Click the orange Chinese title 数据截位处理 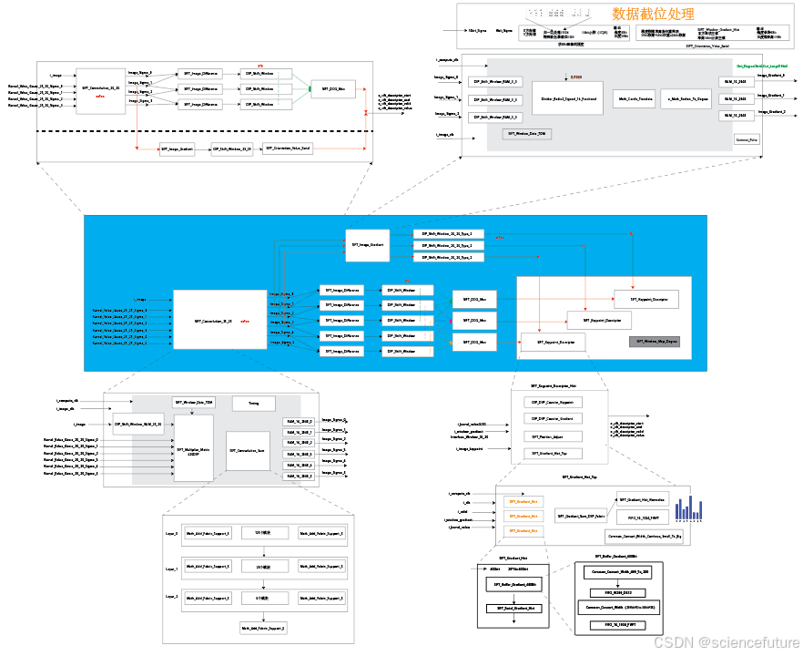653,14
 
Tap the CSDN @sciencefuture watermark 726,641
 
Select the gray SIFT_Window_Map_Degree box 654,342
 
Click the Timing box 253,403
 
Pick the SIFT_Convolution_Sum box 248,450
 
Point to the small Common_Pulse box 747,139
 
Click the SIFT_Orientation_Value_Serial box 289,149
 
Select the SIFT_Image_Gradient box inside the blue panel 368,245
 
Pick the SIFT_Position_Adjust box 554,436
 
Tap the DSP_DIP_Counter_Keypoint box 554,402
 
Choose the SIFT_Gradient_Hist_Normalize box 642,499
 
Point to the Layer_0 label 171,534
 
